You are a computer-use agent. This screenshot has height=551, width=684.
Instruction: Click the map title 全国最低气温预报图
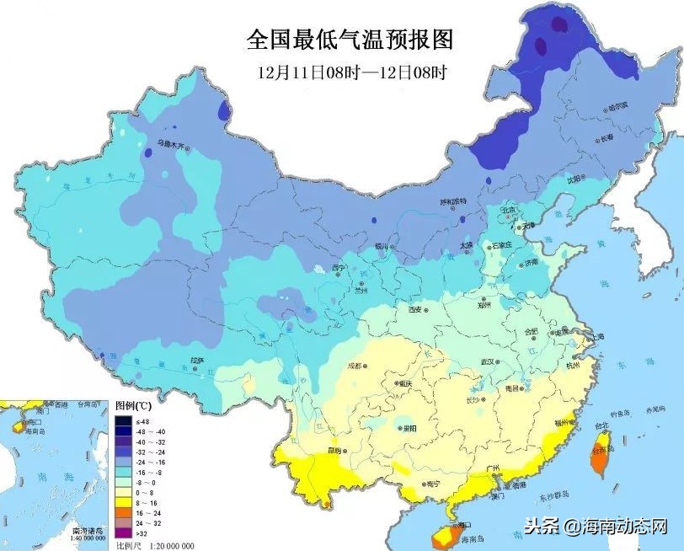(x=350, y=40)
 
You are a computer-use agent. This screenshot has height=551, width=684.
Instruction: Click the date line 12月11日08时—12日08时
(x=351, y=72)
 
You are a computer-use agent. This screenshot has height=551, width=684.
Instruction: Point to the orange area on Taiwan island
(x=601, y=455)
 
